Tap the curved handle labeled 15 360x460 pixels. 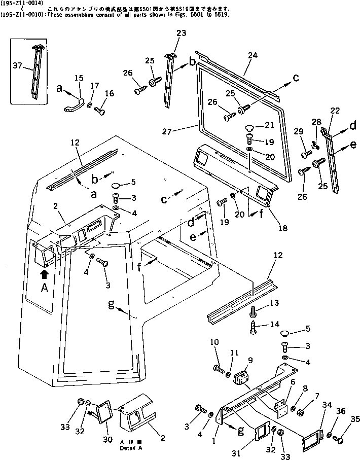pyautogui.click(x=72, y=105)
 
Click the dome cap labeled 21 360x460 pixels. pyautogui.click(x=251, y=126)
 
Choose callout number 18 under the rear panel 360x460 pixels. pyautogui.click(x=283, y=229)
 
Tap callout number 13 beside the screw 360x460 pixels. pyautogui.click(x=274, y=303)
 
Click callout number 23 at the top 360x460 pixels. pyautogui.click(x=168, y=33)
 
